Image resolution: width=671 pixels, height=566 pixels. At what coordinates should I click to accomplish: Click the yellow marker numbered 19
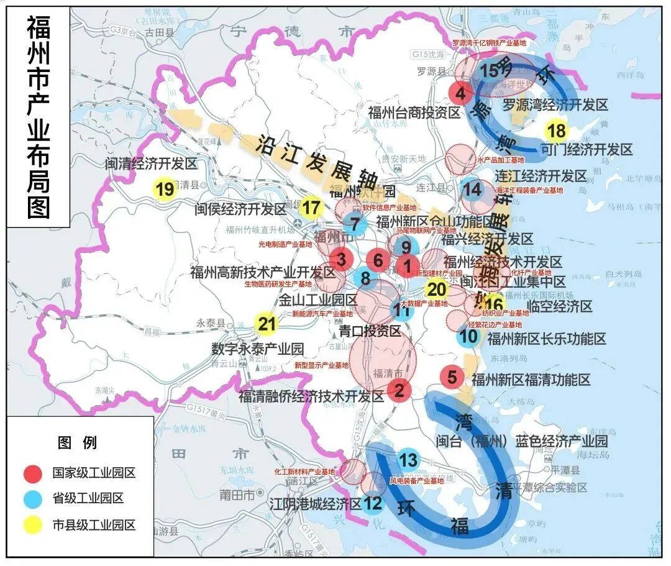pos(165,189)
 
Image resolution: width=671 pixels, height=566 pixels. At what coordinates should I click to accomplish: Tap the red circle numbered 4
pos(460,94)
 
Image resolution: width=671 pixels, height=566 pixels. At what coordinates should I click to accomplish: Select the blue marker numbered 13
pos(408,460)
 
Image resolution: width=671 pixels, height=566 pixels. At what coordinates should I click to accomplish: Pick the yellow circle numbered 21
pos(267,323)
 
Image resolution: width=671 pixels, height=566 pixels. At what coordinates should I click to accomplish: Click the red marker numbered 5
pos(452,377)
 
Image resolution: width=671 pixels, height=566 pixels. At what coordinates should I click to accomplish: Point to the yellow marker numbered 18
pos(557,131)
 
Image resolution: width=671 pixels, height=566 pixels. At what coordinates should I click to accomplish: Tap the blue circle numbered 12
pos(373,503)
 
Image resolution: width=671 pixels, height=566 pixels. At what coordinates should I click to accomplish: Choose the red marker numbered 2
pos(399,390)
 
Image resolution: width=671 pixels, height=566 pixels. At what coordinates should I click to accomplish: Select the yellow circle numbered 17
pos(312,208)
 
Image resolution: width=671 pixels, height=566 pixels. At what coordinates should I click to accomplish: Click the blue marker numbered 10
pos(469,337)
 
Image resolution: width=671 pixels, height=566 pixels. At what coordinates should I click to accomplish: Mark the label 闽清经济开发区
pos(150,164)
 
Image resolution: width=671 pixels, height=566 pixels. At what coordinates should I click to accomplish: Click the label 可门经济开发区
pos(587,150)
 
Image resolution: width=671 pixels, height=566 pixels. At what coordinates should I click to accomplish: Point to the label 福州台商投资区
pos(414,112)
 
